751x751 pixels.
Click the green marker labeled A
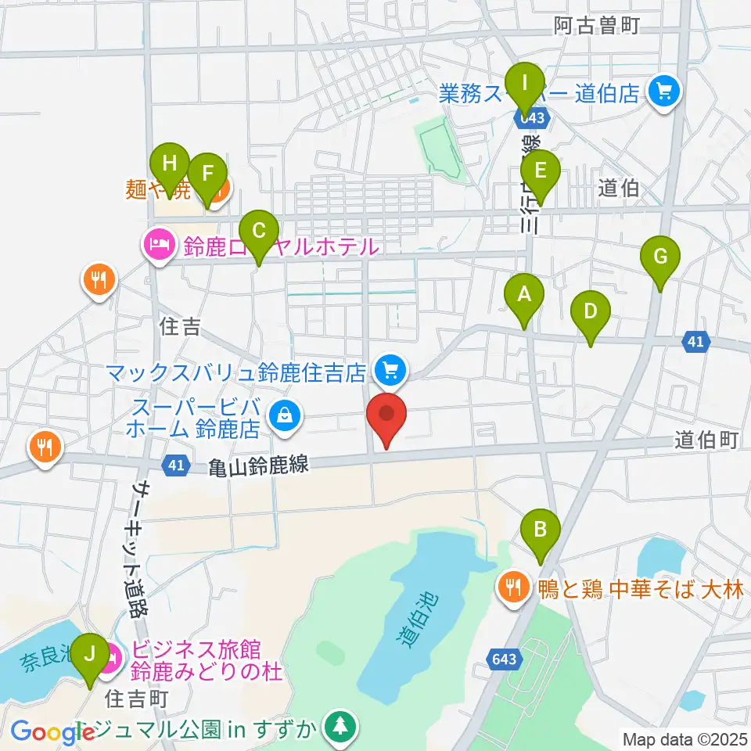[x=525, y=296]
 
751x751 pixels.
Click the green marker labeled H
[x=170, y=166]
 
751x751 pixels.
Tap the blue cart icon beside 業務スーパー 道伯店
[x=665, y=94]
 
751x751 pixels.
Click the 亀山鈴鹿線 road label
[x=260, y=467]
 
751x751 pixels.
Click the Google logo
[x=47, y=732]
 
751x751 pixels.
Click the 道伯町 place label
[x=706, y=441]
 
